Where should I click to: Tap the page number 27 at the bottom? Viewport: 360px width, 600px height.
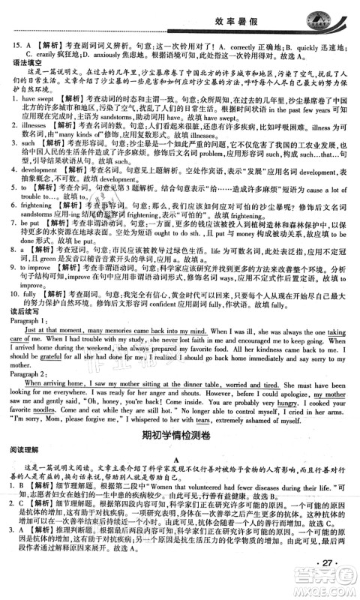point(328,563)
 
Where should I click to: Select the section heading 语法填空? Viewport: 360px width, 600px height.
point(21,65)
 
